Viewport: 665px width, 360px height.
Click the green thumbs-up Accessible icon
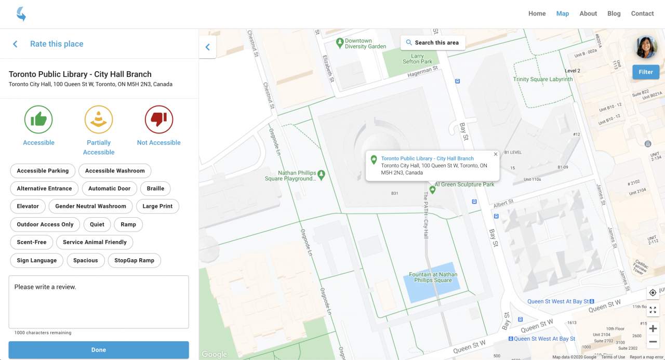click(38, 119)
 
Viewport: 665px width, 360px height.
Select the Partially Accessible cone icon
click(99, 119)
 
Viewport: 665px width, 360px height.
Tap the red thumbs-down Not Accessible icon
click(159, 119)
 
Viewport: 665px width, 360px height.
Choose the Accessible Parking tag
click(43, 171)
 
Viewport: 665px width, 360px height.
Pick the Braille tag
click(155, 189)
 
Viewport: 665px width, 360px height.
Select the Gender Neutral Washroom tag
click(90, 206)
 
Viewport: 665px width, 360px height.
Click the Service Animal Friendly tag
click(95, 242)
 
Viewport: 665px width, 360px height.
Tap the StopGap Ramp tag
click(134, 260)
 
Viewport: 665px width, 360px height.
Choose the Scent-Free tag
click(32, 242)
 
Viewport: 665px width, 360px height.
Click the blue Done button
click(99, 350)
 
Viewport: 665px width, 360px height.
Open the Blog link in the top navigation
click(614, 14)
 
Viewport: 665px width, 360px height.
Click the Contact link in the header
click(642, 14)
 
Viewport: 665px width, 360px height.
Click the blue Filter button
click(646, 72)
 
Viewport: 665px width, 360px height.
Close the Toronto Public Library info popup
click(496, 154)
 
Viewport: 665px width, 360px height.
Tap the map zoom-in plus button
click(653, 328)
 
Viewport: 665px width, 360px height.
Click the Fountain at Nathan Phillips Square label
click(433, 277)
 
